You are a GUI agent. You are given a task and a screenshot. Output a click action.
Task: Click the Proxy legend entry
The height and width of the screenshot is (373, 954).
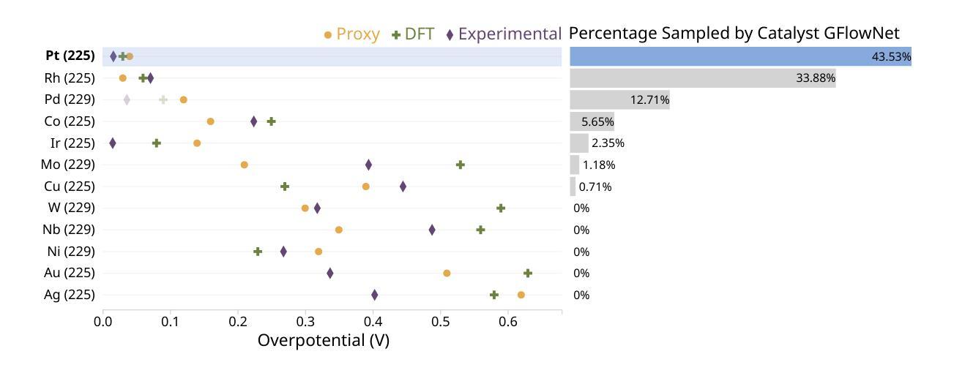tap(352, 34)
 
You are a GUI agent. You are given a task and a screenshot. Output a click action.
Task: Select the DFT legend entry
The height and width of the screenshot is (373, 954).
tap(414, 34)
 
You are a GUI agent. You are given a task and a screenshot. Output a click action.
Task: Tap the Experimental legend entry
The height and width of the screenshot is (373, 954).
tap(504, 34)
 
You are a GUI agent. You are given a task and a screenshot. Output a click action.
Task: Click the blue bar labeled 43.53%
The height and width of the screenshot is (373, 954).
tap(739, 56)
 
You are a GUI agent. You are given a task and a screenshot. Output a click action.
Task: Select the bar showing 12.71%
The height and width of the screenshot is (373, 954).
tap(619, 99)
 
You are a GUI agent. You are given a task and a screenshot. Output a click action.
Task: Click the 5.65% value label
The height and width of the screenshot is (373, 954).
tap(597, 121)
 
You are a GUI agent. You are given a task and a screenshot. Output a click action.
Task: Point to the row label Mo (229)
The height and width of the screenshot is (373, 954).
tap(68, 165)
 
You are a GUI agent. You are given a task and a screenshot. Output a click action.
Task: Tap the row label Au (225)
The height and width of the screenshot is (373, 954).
tap(70, 273)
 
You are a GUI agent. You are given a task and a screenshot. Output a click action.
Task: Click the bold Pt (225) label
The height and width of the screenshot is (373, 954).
tap(70, 56)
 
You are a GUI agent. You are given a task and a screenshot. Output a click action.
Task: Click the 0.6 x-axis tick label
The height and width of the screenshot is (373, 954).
tap(508, 320)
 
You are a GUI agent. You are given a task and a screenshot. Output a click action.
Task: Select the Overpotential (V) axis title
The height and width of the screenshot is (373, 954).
tap(324, 340)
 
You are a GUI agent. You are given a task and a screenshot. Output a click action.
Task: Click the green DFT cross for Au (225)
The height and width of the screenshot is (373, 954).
tap(528, 273)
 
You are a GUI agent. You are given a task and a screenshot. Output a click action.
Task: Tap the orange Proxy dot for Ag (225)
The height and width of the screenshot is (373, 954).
tap(521, 295)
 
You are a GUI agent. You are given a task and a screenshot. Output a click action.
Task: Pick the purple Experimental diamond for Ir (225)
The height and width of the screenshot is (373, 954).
tap(113, 143)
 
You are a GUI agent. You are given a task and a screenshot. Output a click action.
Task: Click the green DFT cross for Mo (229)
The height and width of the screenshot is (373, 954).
tap(461, 165)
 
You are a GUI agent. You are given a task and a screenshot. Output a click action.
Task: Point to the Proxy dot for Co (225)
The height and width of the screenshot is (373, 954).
tap(211, 121)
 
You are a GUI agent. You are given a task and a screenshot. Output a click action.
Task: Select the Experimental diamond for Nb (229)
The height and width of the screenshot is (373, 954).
tap(432, 230)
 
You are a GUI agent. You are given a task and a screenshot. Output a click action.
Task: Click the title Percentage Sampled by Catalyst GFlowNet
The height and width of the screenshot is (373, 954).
tap(734, 33)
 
